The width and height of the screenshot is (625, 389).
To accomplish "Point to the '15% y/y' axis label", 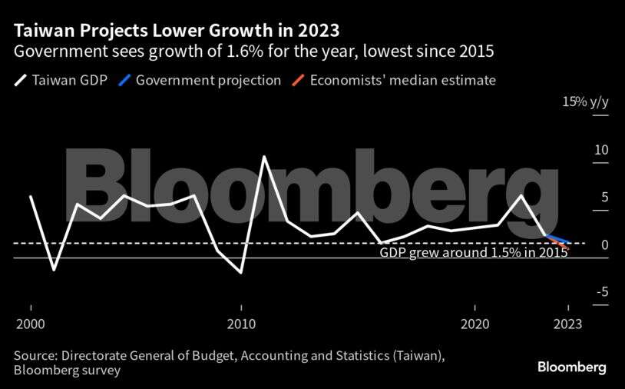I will tap(585, 102).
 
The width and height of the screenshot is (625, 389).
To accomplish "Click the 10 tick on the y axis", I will tap(600, 149).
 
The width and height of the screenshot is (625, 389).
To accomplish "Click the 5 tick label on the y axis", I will tap(604, 198).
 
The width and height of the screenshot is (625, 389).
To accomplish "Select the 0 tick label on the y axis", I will tap(604, 244).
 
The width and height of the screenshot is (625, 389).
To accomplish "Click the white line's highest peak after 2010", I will tap(264, 157).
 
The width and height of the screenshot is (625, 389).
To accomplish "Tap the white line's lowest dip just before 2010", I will tap(241, 272).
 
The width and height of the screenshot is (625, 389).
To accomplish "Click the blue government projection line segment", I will tap(557, 239).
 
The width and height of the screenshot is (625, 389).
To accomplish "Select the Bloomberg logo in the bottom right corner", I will tap(571, 367).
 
